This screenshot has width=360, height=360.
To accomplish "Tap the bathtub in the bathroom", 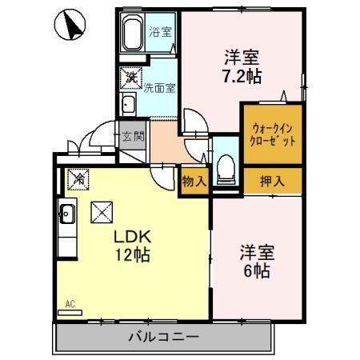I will (x=134, y=34).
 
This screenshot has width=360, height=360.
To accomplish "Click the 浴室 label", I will (x=160, y=33).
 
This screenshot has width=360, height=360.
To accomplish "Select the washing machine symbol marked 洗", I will (x=129, y=77).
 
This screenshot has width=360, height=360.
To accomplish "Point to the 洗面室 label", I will (x=159, y=88).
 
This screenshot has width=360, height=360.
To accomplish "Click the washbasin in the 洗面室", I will (x=127, y=103).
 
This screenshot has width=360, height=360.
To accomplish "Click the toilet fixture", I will (x=226, y=166).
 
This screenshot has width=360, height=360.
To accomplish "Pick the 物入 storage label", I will (x=194, y=181).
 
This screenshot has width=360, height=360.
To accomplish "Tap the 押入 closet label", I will (x=272, y=181).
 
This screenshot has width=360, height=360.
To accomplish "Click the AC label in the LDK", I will (x=70, y=304).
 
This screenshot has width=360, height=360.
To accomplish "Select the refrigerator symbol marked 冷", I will (x=78, y=180).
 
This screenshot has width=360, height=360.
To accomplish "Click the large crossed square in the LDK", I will (x=102, y=213).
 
